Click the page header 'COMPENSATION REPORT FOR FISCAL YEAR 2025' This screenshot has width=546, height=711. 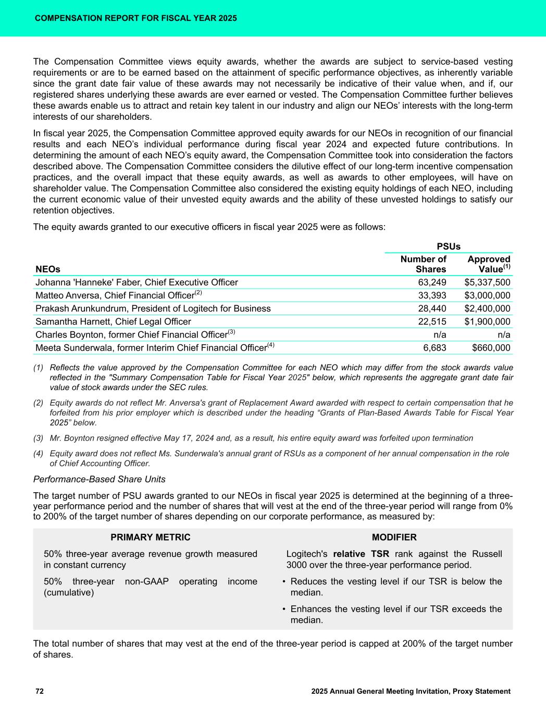[x=135, y=18]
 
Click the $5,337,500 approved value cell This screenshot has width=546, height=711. [x=487, y=282]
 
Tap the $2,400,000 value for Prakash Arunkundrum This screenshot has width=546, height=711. [x=487, y=308]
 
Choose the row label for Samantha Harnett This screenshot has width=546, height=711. [x=113, y=322]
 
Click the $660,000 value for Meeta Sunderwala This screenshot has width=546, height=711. [x=491, y=348]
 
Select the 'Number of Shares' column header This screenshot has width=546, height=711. [x=423, y=264]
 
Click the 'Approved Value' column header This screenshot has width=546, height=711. [x=489, y=264]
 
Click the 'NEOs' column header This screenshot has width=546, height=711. [x=48, y=269]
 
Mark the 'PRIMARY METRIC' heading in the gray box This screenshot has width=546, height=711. [x=151, y=537]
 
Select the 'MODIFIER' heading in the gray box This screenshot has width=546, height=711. [x=394, y=537]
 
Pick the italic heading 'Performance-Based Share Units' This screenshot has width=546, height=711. [x=99, y=479]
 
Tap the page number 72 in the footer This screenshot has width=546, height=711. [x=40, y=691]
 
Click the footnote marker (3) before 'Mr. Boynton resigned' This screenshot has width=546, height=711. [x=39, y=438]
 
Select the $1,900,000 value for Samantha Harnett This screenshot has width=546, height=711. [x=487, y=322]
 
